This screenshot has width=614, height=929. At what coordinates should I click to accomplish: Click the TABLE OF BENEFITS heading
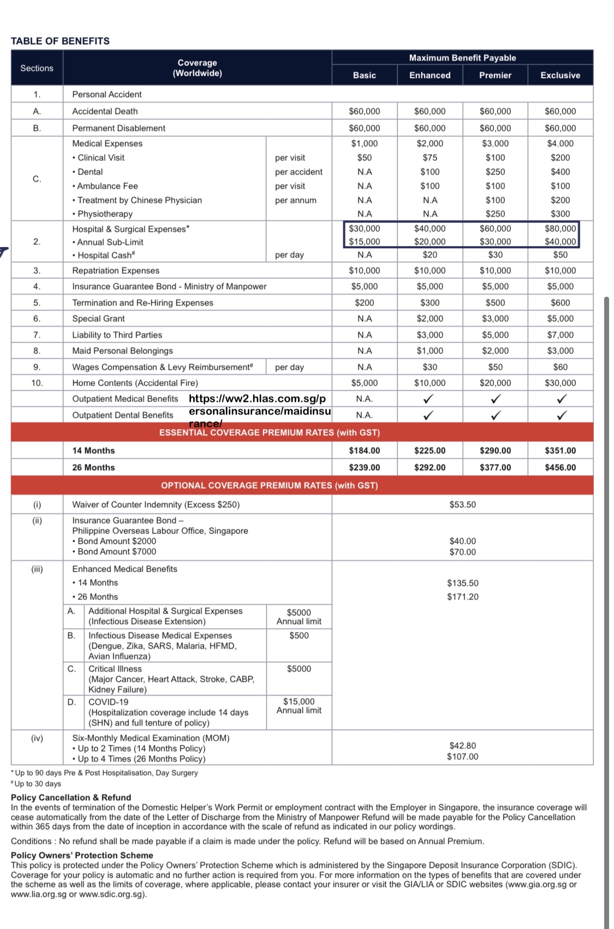(x=60, y=41)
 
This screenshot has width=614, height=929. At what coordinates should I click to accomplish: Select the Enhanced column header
(x=430, y=75)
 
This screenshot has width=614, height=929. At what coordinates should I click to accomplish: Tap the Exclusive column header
(x=560, y=75)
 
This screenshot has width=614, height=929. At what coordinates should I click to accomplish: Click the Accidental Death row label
(x=105, y=111)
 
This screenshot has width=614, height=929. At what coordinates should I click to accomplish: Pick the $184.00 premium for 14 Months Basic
(x=364, y=451)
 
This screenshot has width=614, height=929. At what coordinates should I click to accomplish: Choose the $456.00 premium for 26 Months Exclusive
(x=560, y=468)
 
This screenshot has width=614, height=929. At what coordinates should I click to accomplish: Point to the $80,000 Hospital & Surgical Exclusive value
(x=560, y=229)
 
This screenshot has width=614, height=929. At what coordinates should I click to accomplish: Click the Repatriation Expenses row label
(x=116, y=271)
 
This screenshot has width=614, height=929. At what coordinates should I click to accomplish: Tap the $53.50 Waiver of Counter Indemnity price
(x=462, y=505)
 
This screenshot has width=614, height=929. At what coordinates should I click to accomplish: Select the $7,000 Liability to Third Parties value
(x=560, y=335)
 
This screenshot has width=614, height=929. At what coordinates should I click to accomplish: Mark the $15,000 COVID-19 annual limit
(x=299, y=702)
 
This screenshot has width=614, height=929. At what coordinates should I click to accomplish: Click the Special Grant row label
(x=98, y=319)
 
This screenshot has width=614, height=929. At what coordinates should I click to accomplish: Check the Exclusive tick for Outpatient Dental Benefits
(x=561, y=416)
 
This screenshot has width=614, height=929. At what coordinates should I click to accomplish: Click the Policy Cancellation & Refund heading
(x=71, y=798)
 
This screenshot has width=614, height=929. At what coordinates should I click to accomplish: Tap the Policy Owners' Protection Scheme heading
(x=82, y=855)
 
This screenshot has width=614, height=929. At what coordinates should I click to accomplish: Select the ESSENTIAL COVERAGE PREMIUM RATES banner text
(x=269, y=433)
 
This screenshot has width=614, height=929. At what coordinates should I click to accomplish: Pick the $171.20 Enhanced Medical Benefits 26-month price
(x=462, y=597)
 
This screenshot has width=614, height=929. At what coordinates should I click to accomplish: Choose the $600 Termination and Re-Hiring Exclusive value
(x=560, y=303)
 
